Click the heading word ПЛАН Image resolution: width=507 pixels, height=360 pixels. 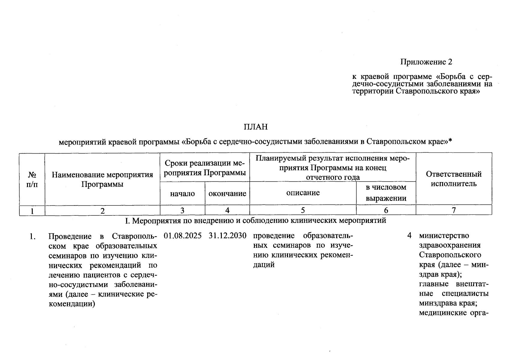(255, 127)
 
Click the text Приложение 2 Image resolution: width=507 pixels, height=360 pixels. (426, 62)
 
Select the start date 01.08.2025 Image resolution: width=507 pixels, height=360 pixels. (183, 235)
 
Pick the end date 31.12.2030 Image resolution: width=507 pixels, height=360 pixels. (228, 235)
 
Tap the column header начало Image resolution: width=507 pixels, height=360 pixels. (183, 193)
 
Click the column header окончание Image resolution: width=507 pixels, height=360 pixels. (227, 193)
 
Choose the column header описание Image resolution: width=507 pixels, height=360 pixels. (303, 193)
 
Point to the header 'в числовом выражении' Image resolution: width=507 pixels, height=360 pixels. (386, 193)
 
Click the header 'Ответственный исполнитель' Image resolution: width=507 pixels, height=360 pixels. (454, 179)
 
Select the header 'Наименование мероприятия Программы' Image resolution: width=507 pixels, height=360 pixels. (102, 179)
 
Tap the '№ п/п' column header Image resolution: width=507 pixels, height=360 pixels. (32, 179)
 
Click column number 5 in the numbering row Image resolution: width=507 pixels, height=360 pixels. (303, 210)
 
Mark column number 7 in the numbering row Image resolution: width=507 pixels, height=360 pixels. (454, 210)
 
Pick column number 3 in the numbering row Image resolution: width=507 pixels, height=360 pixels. (183, 210)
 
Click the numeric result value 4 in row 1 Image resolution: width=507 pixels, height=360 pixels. (409, 235)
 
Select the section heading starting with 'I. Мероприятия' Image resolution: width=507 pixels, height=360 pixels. (255, 221)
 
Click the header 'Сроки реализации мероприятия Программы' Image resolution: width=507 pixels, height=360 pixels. (205, 168)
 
